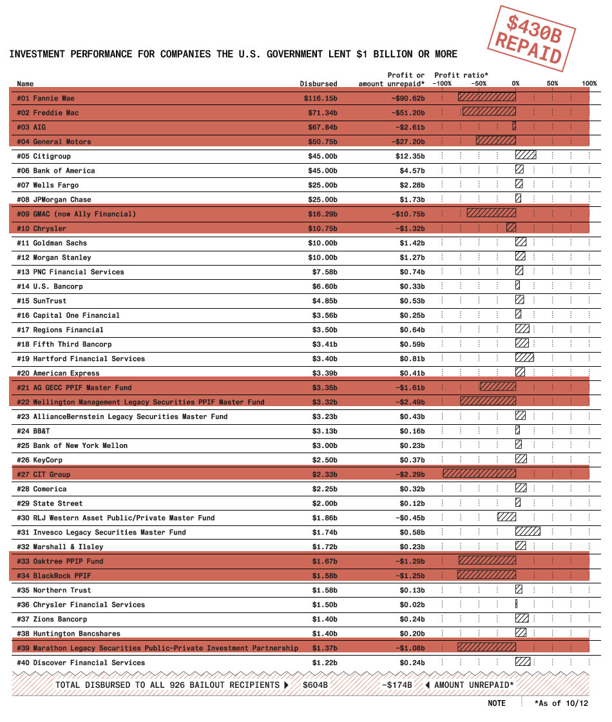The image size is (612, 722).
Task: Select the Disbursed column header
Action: tap(318, 84)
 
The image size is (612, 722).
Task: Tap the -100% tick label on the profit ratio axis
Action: tap(442, 84)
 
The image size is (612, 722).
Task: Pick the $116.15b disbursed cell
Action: tap(320, 99)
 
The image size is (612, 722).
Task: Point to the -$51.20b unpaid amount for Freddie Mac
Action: tap(406, 113)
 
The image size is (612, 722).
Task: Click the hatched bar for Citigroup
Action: tap(526, 156)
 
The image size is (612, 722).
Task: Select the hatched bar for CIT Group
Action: tap(479, 474)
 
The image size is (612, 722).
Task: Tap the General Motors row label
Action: tap(54, 142)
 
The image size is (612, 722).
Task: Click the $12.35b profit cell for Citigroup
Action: tap(410, 156)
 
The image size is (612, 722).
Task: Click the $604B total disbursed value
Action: tap(315, 685)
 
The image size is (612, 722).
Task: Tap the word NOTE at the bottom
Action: tap(497, 703)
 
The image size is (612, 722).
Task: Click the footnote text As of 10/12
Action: tap(561, 703)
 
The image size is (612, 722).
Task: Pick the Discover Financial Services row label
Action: tap(81, 663)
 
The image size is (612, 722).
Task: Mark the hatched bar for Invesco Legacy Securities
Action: tap(528, 532)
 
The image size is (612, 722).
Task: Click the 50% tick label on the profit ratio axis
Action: tap(553, 84)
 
